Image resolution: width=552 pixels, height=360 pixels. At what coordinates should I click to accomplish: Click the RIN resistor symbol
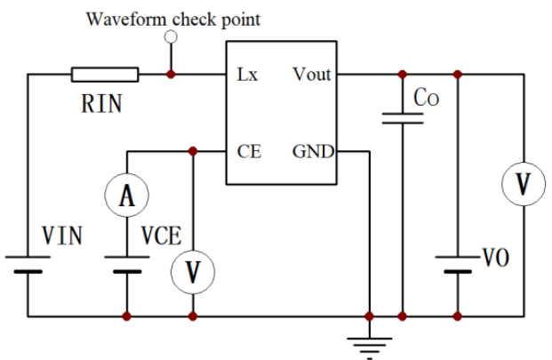pyautogui.click(x=105, y=75)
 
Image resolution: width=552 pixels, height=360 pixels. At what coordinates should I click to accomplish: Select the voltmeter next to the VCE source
pyautogui.click(x=193, y=272)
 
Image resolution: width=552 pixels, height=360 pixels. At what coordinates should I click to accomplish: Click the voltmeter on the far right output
pyautogui.click(x=524, y=185)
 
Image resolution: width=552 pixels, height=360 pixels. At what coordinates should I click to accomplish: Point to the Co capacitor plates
pyautogui.click(x=403, y=119)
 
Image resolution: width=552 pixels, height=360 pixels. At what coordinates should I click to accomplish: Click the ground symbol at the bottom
pyautogui.click(x=369, y=343)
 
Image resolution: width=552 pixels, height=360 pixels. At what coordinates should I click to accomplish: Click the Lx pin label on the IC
pyautogui.click(x=248, y=75)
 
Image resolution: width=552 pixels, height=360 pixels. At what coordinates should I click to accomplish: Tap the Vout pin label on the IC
pyautogui.click(x=310, y=75)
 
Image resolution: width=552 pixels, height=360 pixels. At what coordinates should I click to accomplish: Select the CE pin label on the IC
pyautogui.click(x=249, y=152)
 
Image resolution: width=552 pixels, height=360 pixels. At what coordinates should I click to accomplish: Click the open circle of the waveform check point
pyautogui.click(x=171, y=37)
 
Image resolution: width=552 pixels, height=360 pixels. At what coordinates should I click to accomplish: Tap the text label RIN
pyautogui.click(x=102, y=104)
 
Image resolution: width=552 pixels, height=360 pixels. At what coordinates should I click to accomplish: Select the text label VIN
pyautogui.click(x=62, y=236)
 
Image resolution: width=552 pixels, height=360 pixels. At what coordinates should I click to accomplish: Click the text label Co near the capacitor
pyautogui.click(x=427, y=96)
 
